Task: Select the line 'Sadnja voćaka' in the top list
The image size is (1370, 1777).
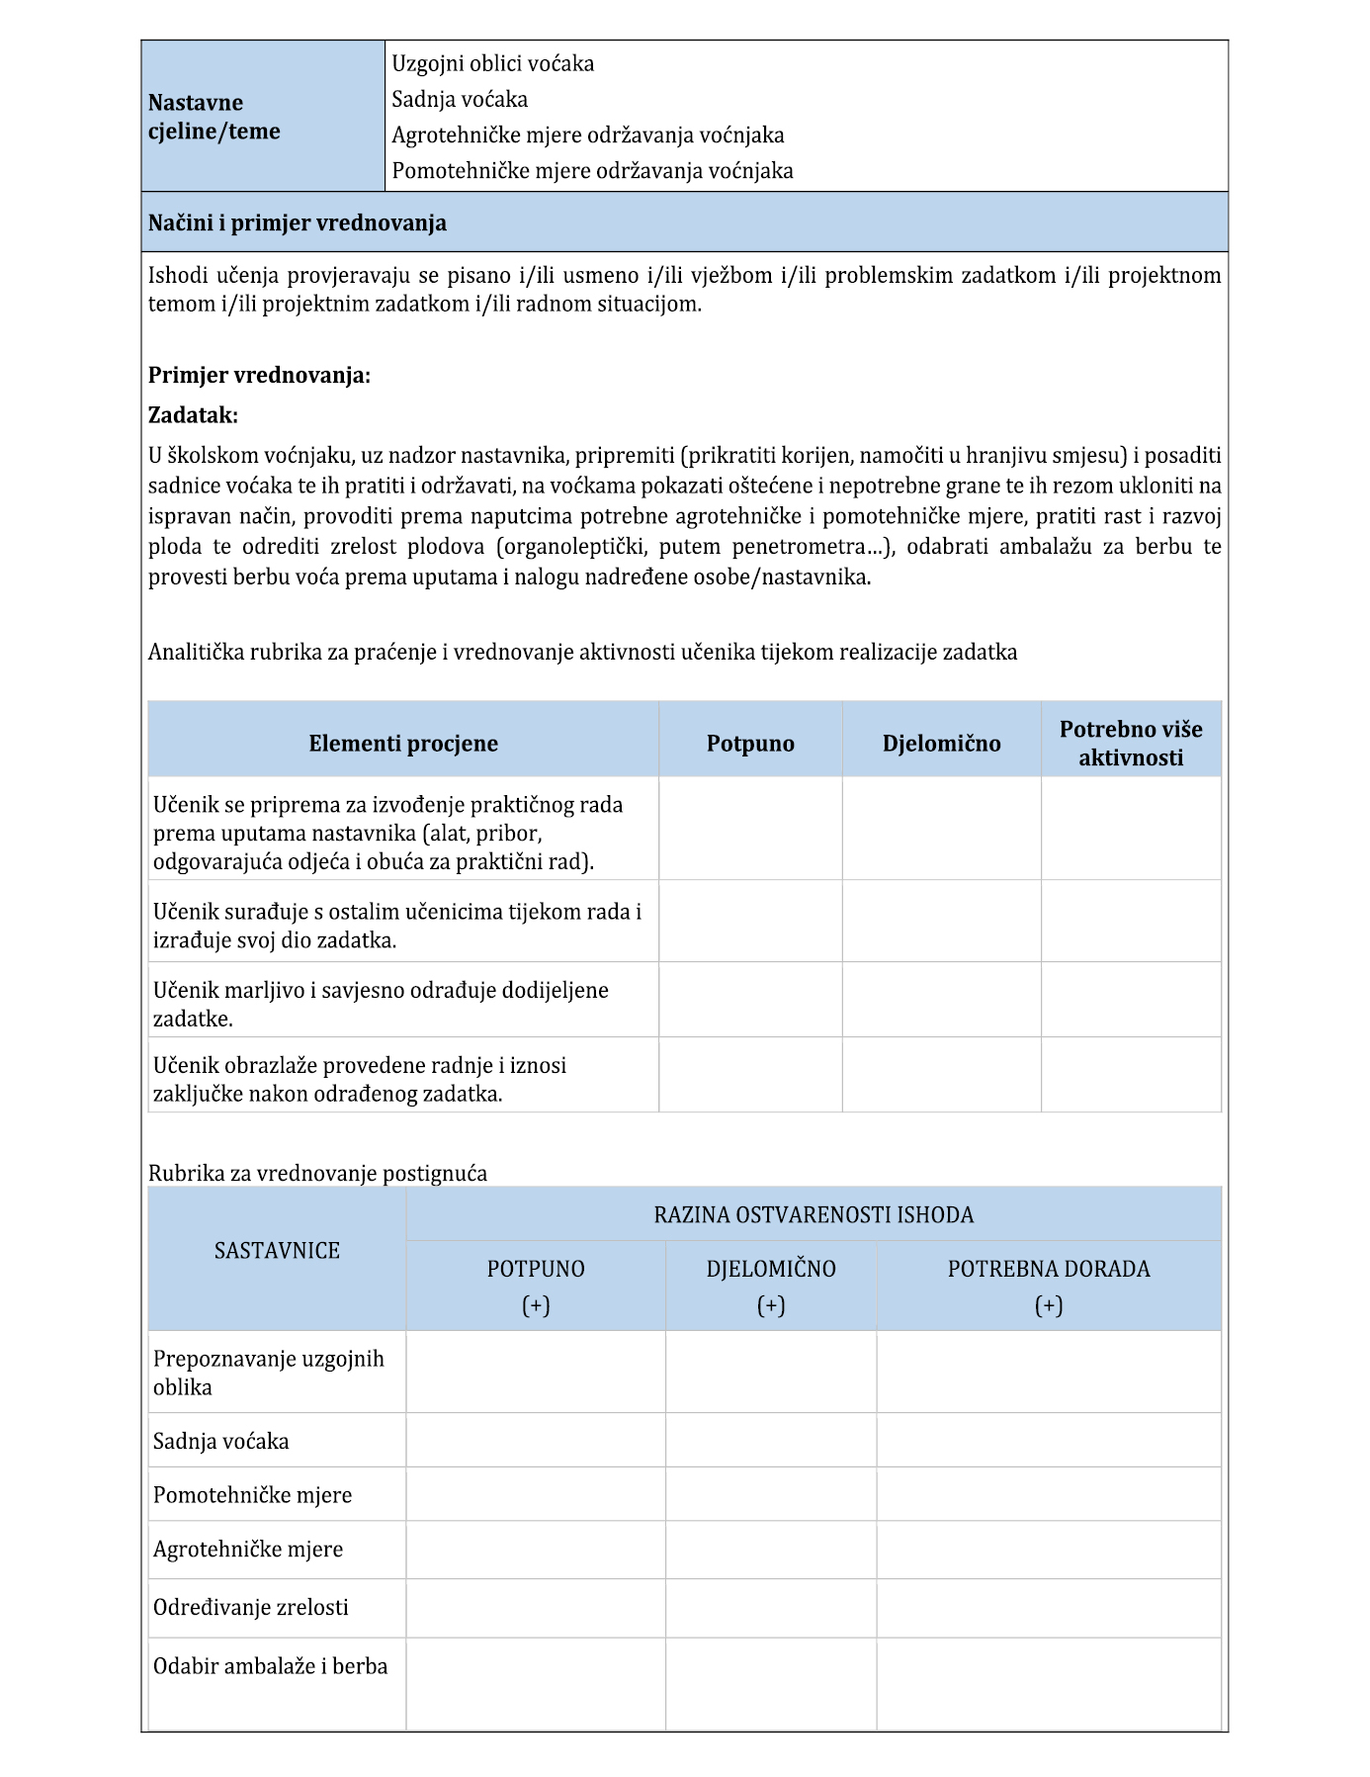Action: pos(460,99)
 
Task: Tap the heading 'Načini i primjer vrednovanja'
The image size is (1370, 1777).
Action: pos(298,222)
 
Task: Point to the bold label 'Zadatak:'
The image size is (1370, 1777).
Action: pos(193,414)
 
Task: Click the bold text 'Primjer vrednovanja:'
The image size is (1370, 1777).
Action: pos(259,376)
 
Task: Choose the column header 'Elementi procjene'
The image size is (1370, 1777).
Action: pos(403,744)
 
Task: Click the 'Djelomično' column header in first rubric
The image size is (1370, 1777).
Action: pos(941,744)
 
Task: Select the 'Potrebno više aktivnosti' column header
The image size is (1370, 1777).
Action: pos(1131,744)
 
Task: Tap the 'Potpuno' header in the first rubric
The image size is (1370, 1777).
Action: pos(750,744)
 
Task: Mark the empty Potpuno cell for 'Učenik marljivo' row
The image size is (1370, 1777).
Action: pos(750,1000)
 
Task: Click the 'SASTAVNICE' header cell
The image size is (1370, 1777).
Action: pos(277,1251)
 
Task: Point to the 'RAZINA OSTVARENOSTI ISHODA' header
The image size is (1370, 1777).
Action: pos(813,1214)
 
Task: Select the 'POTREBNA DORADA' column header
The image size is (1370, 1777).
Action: pos(1049,1269)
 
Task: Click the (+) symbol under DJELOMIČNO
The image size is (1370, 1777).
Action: pos(771,1305)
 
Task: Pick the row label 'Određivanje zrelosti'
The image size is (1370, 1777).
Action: pos(251,1608)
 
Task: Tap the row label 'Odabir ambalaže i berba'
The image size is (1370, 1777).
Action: pos(270,1666)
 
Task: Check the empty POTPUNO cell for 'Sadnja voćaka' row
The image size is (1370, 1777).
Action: pos(536,1441)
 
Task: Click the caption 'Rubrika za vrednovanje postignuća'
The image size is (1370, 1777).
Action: pos(317,1174)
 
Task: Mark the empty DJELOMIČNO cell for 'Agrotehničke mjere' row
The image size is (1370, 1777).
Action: pos(771,1550)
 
